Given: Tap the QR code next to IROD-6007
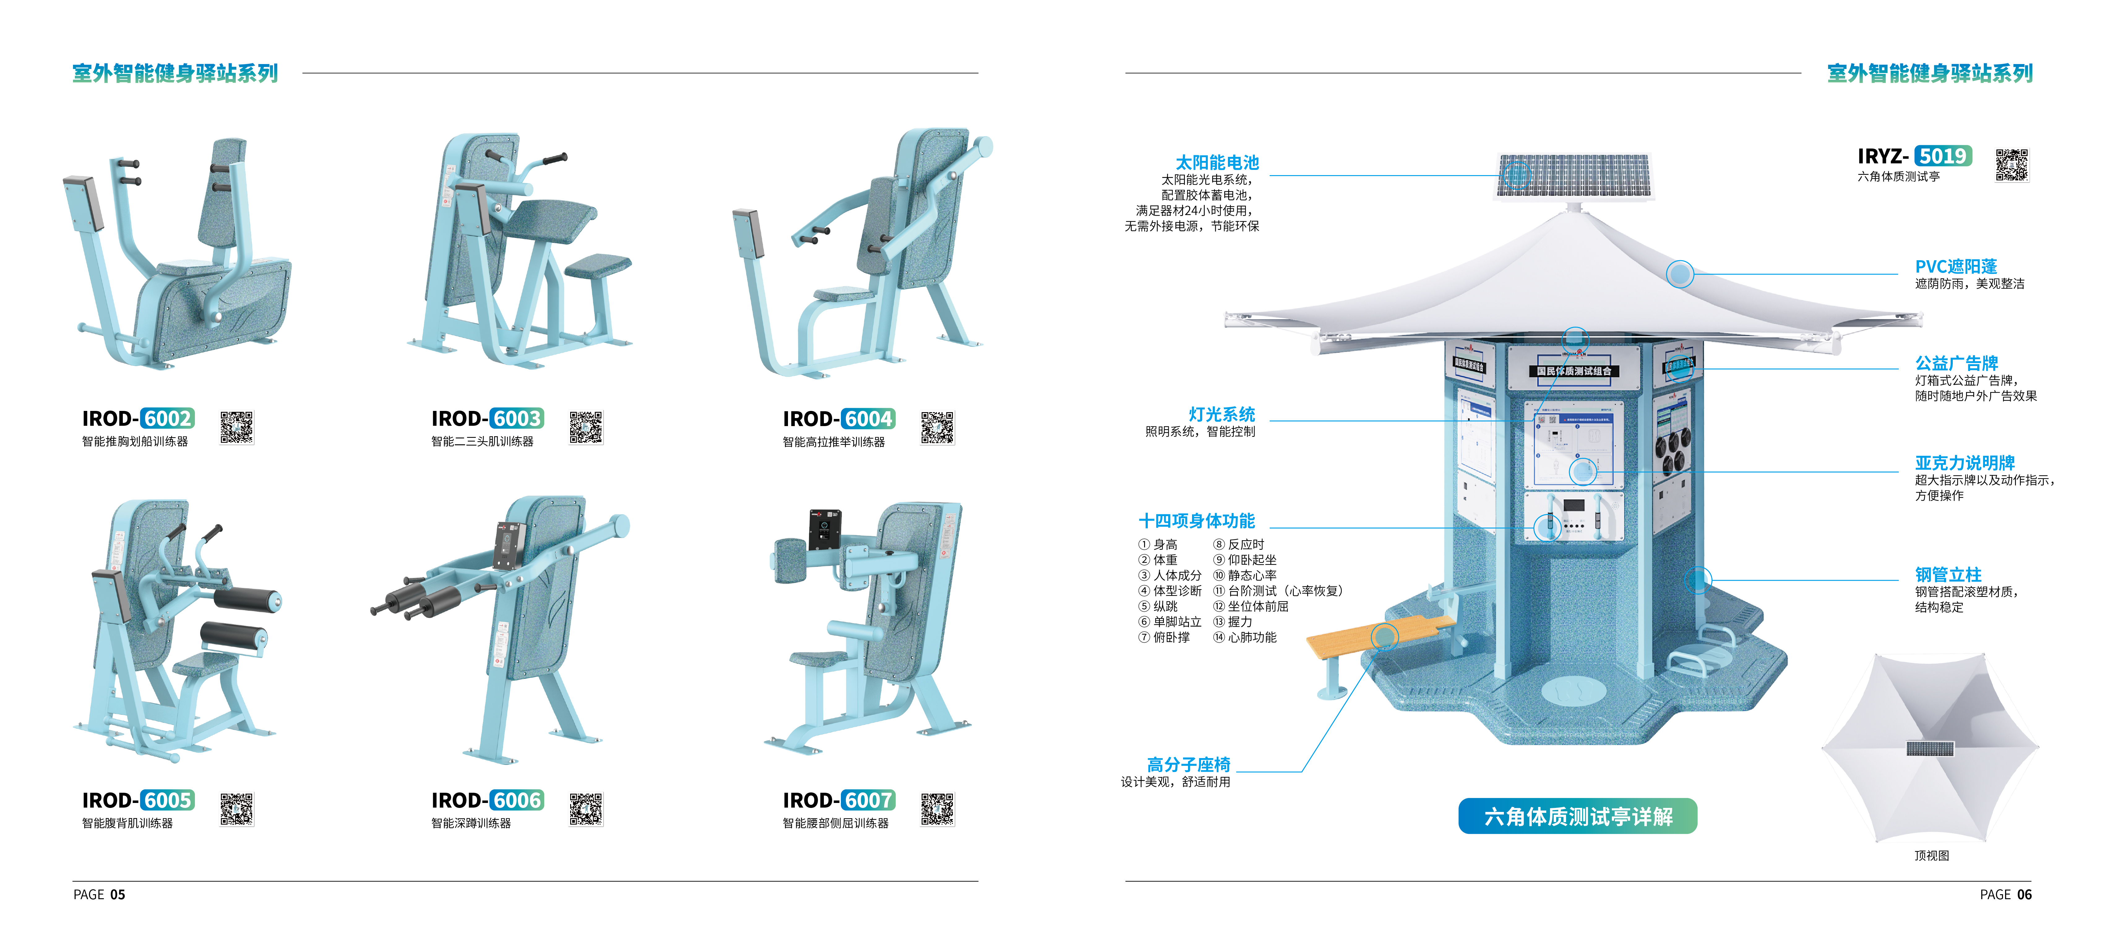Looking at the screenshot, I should pos(937,809).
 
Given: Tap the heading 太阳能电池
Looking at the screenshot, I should pos(1217,163).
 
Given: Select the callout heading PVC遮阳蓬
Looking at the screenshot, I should pos(1956,266).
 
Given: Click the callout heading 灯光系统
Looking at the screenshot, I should pos(1222,414).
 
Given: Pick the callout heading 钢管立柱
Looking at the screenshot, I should pos(1948,575).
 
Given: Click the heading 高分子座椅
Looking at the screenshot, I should pos(1188,764).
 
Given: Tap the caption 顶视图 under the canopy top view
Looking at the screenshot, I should pos(1932,856).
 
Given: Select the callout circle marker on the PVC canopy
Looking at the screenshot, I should pos(1680,274).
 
